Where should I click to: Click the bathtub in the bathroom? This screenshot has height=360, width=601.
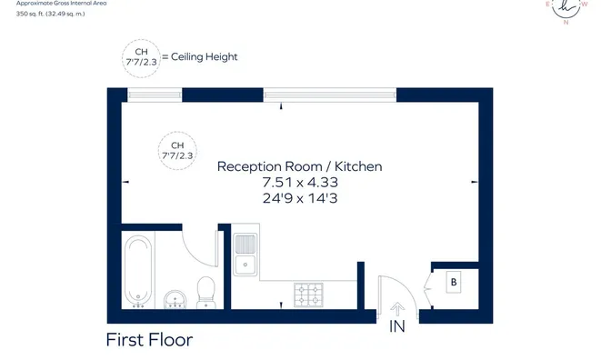click(x=138, y=271)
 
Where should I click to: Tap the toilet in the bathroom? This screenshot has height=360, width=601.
click(x=205, y=292)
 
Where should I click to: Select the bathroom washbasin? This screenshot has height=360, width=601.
click(x=175, y=299)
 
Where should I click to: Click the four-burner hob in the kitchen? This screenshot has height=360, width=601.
click(x=308, y=295)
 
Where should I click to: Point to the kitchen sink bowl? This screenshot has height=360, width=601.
click(x=245, y=265)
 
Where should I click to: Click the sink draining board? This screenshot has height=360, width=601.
click(x=245, y=244)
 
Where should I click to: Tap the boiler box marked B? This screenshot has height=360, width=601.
click(x=454, y=282)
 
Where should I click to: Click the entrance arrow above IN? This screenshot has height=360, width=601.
click(x=397, y=309)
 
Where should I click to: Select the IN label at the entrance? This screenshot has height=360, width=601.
click(x=397, y=326)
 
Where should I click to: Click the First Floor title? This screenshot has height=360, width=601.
click(x=149, y=340)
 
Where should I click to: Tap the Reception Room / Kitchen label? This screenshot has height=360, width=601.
click(x=300, y=166)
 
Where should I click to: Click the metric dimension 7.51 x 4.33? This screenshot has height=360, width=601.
click(x=300, y=182)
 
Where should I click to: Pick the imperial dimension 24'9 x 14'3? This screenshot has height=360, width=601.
click(x=300, y=198)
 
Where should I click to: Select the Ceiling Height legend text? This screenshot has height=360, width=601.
click(x=205, y=56)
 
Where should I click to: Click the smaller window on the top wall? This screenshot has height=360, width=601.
click(x=155, y=95)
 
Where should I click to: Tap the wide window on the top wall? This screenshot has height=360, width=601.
click(x=330, y=95)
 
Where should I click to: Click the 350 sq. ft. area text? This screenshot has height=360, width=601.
click(x=50, y=14)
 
